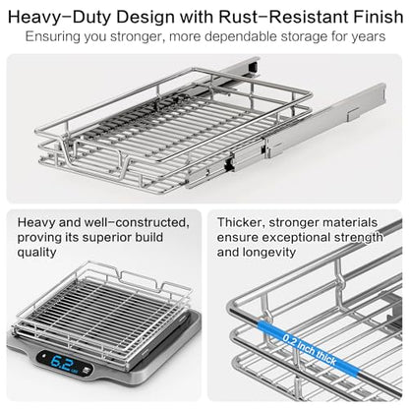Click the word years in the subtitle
(x=369, y=37)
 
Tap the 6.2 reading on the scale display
(x=60, y=362)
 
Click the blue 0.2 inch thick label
(x=309, y=350)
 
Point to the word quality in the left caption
(x=36, y=253)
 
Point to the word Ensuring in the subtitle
(x=52, y=36)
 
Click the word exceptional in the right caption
(x=296, y=237)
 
